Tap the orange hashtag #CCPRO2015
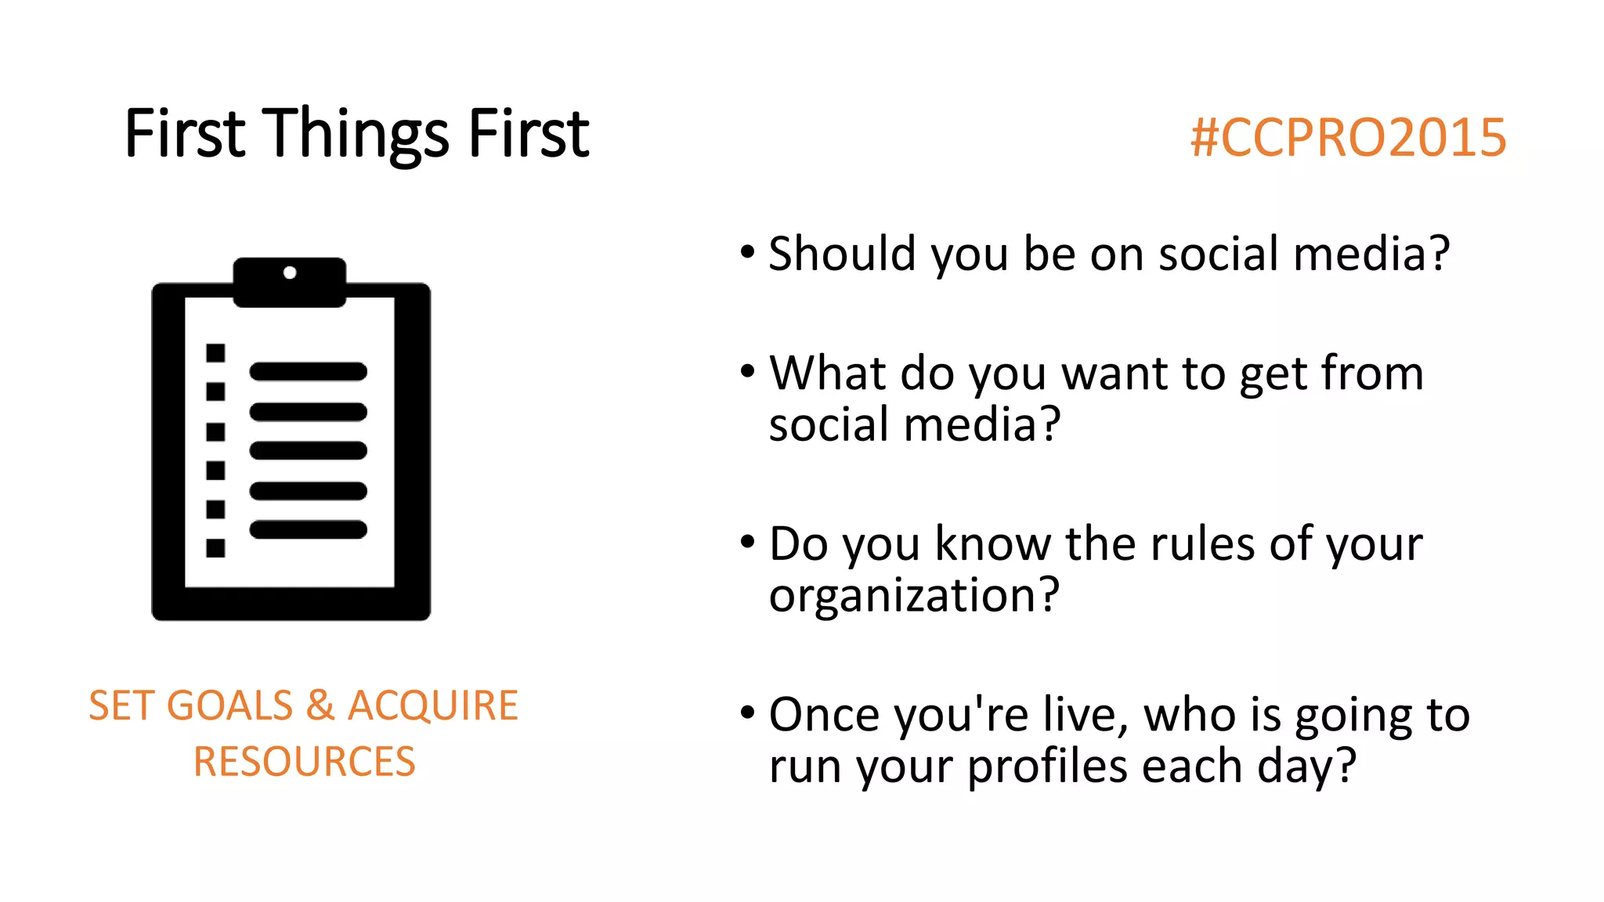pyautogui.click(x=1347, y=138)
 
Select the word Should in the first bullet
pyautogui.click(x=842, y=254)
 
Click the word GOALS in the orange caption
pyautogui.click(x=229, y=705)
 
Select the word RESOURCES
pyautogui.click(x=304, y=762)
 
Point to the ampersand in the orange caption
pyautogui.click(x=320, y=705)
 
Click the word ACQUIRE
pyautogui.click(x=432, y=705)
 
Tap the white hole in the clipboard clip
pyautogui.click(x=290, y=272)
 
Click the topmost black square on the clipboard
pyautogui.click(x=215, y=353)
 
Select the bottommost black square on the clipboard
pyautogui.click(x=215, y=548)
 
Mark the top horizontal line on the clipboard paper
pyautogui.click(x=308, y=371)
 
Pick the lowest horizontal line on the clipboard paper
pyautogui.click(x=308, y=530)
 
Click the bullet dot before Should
pyautogui.click(x=747, y=253)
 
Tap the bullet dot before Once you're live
pyautogui.click(x=747, y=713)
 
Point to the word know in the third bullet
pyautogui.click(x=992, y=543)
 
